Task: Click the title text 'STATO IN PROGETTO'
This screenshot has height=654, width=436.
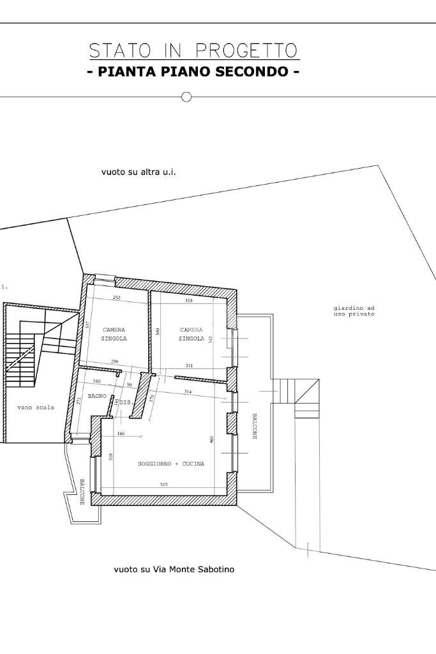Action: (x=193, y=50)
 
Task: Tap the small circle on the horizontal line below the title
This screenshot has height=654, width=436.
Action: (x=186, y=97)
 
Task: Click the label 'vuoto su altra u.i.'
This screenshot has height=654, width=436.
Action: (x=139, y=172)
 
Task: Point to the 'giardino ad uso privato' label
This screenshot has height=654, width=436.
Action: (x=354, y=311)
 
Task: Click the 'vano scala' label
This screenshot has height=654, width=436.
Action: (x=36, y=407)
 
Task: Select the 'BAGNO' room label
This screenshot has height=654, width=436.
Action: (x=97, y=397)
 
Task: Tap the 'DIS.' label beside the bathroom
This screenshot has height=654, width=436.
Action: (x=126, y=403)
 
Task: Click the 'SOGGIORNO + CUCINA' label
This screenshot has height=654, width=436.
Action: (x=171, y=464)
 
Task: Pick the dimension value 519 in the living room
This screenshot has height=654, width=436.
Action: (x=164, y=485)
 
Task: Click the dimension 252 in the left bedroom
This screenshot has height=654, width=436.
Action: (x=116, y=298)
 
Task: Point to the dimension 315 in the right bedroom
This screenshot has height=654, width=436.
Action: (x=188, y=300)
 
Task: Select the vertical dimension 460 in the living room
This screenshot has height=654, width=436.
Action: (x=211, y=439)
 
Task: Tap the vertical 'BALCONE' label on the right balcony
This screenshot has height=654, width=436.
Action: (x=254, y=426)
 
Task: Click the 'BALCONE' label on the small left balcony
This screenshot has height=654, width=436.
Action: (x=82, y=492)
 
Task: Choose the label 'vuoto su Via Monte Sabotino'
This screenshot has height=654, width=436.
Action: (x=174, y=569)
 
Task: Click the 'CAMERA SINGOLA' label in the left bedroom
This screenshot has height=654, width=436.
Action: (x=114, y=334)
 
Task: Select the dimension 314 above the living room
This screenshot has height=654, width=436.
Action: (x=188, y=392)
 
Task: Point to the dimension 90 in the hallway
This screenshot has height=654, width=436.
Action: (x=129, y=385)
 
